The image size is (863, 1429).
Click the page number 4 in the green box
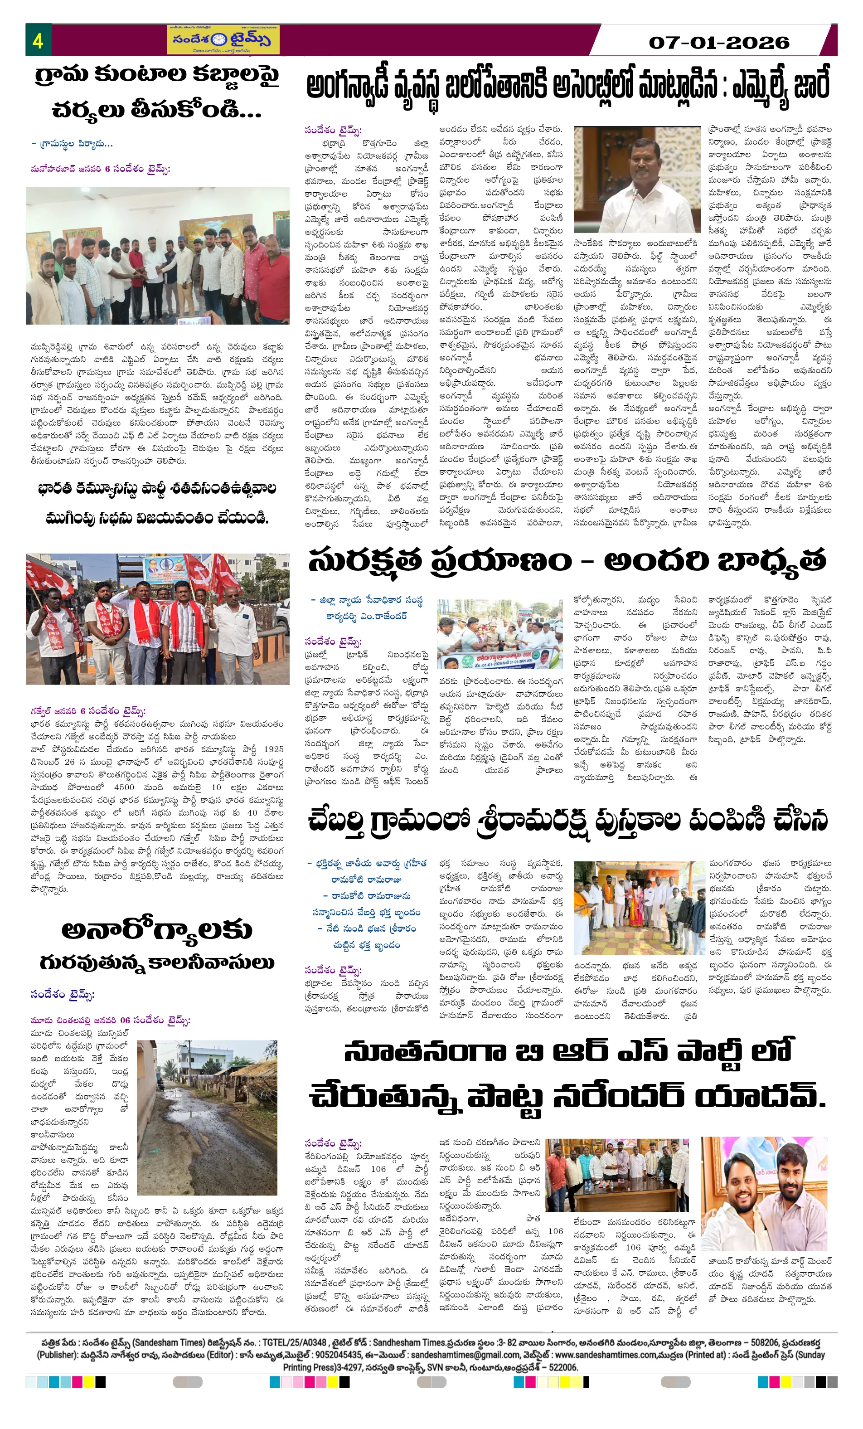pos(38,41)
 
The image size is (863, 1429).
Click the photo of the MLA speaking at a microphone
pos(637,179)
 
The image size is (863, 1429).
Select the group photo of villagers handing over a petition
pos(157,255)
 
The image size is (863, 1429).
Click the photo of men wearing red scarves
pos(157,619)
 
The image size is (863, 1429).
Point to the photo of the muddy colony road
pos(207,1118)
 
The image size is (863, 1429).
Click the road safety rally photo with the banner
pos(499,634)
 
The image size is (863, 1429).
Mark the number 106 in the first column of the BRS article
pos(378,1169)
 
